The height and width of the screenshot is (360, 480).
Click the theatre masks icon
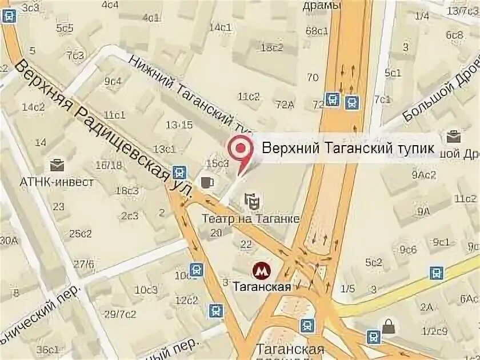[x=252, y=201]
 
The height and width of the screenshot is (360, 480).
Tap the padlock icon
[x=389, y=327]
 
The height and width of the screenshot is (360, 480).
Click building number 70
[x=313, y=78]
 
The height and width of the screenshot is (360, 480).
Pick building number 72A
[x=284, y=104]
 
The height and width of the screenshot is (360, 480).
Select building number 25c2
[x=81, y=233]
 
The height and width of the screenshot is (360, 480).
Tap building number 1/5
[x=347, y=288]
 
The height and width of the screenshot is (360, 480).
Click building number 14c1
[x=220, y=27]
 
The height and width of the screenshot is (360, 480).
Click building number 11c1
[x=114, y=114]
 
